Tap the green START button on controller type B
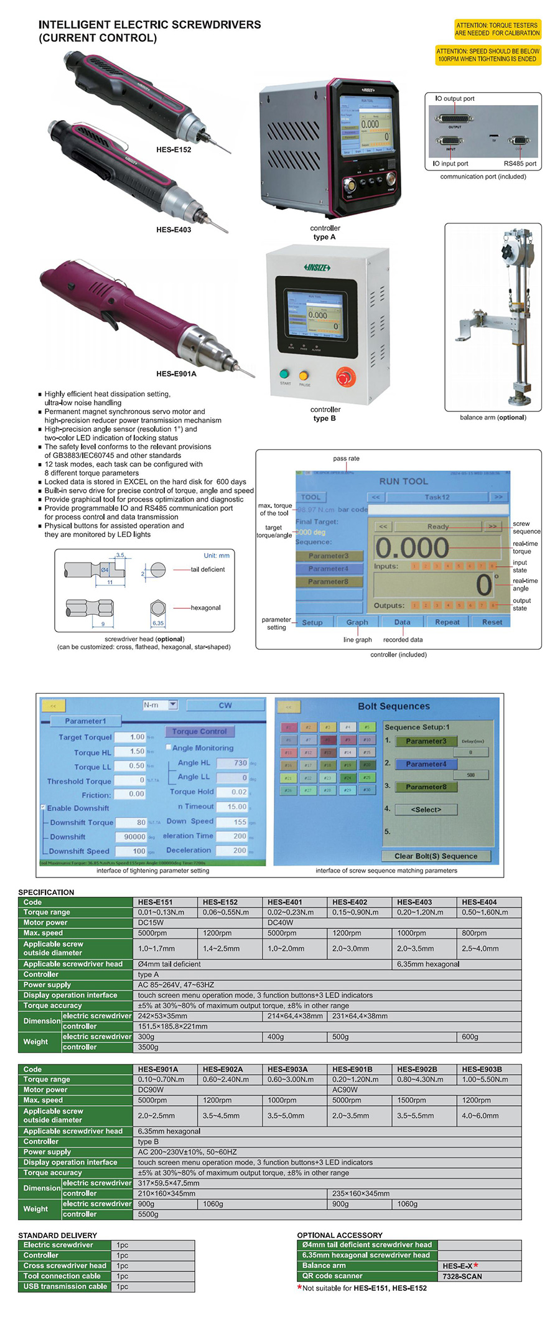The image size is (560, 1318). click(x=285, y=374)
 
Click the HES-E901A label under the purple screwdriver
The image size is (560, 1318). click(x=176, y=374)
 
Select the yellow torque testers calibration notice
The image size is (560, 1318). click(x=497, y=29)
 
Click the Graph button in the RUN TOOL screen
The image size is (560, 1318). click(x=357, y=622)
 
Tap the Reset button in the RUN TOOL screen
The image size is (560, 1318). click(x=492, y=622)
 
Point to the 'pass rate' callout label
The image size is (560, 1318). click(x=346, y=459)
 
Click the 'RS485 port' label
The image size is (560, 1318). click(x=520, y=164)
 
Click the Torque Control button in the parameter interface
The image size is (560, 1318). click(x=199, y=731)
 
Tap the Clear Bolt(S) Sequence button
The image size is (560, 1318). click(x=436, y=856)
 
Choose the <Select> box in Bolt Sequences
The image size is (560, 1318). click(x=426, y=810)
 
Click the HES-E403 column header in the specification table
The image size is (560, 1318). click(x=414, y=902)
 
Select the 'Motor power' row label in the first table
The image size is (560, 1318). click(x=45, y=922)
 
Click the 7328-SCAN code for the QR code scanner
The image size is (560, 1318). click(x=462, y=1276)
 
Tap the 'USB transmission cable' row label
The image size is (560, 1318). click(x=65, y=1286)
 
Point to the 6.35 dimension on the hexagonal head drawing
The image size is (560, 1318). click(x=158, y=623)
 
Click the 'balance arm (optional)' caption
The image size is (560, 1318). click(x=493, y=418)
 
